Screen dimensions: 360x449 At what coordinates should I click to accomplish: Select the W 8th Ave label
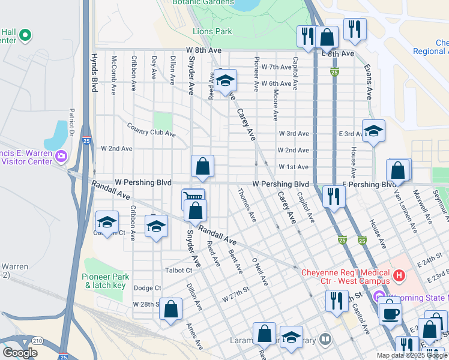[200, 50]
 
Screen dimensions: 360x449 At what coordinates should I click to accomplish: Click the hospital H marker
[399, 277]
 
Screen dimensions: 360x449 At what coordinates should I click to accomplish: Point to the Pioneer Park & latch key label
[106, 281]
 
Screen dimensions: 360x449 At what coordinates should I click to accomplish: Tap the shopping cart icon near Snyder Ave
[193, 198]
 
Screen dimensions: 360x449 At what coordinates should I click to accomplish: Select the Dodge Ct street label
[147, 288]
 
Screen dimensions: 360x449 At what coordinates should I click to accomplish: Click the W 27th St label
[235, 297]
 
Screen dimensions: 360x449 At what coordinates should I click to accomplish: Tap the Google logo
[20, 353]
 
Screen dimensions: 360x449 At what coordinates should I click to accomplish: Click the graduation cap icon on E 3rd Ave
[373, 131]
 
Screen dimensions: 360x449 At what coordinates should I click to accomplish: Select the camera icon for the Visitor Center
[61, 157]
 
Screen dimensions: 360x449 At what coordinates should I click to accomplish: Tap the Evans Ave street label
[369, 84]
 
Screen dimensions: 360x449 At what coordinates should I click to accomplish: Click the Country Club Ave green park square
[163, 121]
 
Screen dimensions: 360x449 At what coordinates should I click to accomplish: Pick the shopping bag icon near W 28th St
[171, 309]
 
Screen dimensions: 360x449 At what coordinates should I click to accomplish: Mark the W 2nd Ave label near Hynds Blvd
[116, 148]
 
